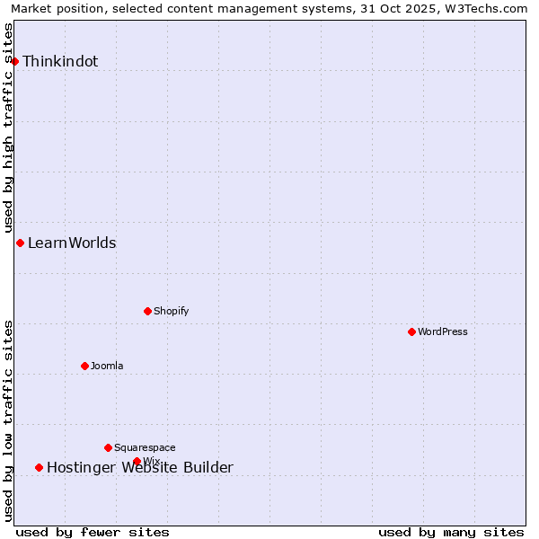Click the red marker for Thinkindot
click(14, 61)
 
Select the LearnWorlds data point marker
click(20, 243)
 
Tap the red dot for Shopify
click(147, 311)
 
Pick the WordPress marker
click(411, 331)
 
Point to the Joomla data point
click(84, 366)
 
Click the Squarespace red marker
click(108, 447)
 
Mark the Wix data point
click(137, 461)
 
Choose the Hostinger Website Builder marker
click(39, 467)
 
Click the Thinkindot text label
click(60, 62)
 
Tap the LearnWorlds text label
click(72, 243)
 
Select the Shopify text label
click(171, 312)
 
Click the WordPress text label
click(442, 332)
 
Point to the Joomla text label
click(107, 367)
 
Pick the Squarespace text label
click(145, 448)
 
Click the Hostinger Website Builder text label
click(140, 468)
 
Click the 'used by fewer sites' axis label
click(93, 532)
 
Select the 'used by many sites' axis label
click(451, 532)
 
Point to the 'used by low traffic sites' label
click(8, 420)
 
